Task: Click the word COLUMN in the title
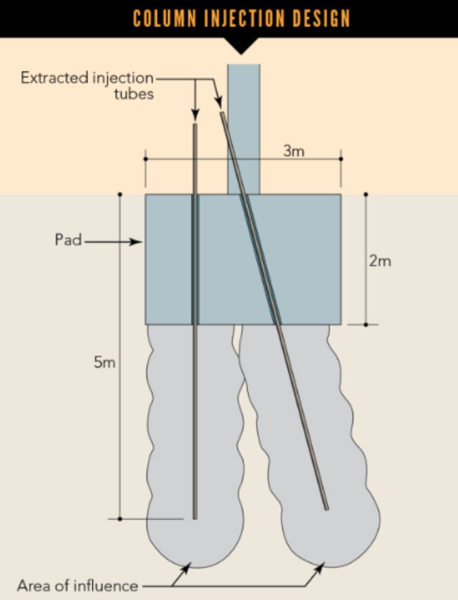point(165,18)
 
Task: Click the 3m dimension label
point(294,151)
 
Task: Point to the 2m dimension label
point(380,261)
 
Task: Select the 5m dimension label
point(105,361)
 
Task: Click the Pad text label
point(68,239)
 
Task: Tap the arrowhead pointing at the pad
point(136,242)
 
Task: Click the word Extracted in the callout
point(54,78)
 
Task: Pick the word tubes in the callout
point(133,93)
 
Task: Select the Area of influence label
point(77,586)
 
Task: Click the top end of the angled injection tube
point(222,113)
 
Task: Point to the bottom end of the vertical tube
point(194,518)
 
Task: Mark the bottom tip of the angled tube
point(326,508)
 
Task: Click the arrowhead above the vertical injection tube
point(195,115)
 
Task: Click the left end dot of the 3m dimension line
point(145,159)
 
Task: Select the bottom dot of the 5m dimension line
point(120,519)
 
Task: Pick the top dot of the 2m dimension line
point(366,194)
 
